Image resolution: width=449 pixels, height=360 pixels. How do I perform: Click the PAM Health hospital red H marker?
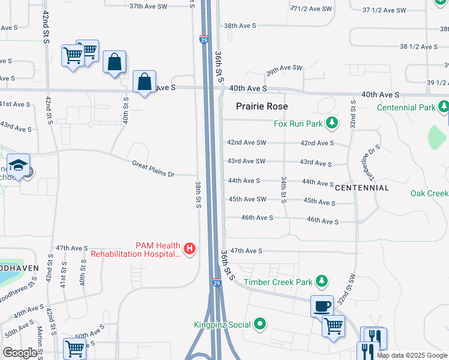click(190, 248)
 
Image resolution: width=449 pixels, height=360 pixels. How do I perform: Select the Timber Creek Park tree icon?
click(322, 281)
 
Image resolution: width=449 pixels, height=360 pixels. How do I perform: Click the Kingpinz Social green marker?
click(259, 325)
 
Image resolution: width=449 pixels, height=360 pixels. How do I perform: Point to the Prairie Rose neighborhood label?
click(262, 106)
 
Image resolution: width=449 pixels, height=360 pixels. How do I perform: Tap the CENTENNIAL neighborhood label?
click(362, 188)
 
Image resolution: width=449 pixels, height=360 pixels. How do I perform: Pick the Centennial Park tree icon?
click(444, 107)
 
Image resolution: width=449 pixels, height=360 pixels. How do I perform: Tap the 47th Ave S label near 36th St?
click(246, 251)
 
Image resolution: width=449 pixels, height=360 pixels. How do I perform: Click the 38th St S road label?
click(197, 194)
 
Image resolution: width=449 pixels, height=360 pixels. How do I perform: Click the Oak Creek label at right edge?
click(429, 193)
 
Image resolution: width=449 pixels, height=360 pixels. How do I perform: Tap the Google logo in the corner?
click(20, 353)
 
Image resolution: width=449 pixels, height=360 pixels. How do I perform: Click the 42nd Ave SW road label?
click(246, 143)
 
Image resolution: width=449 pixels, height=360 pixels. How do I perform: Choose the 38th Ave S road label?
click(240, 26)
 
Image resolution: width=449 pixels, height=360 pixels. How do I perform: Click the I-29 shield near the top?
click(204, 40)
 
